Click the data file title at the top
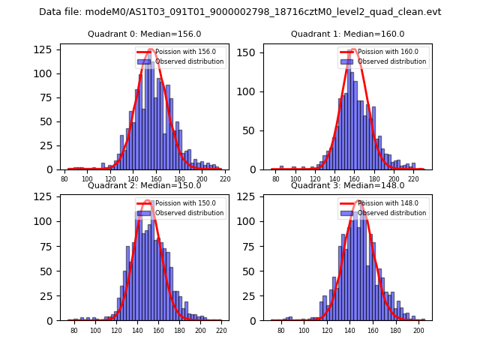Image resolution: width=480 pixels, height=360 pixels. (x=240, y=12)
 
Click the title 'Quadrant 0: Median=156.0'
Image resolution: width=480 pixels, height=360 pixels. (x=145, y=34)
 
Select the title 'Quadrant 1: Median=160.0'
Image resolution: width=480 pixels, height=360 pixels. (x=347, y=34)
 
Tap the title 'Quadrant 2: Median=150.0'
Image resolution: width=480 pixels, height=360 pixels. (x=145, y=185)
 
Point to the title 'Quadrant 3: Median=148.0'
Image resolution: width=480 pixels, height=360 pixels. (x=347, y=185)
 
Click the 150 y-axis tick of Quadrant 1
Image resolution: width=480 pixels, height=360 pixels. (x=249, y=53)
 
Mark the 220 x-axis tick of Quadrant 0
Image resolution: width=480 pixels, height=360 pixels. (x=225, y=180)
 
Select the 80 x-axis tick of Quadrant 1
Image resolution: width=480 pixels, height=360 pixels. (x=276, y=180)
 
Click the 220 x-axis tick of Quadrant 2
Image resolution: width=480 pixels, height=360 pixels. (x=220, y=331)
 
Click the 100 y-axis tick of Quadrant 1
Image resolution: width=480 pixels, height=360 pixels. (x=249, y=92)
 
